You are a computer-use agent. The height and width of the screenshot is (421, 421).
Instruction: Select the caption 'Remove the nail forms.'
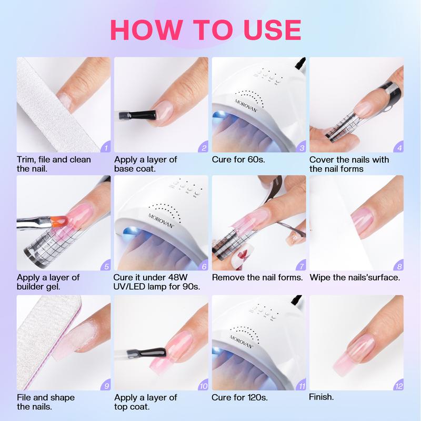257,277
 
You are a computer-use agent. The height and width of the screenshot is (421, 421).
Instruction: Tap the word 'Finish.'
322,397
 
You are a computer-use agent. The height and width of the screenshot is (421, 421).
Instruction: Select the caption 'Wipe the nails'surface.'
355,277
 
